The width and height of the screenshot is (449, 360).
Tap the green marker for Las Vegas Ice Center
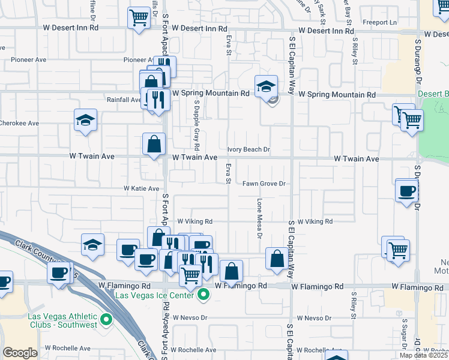(204, 295)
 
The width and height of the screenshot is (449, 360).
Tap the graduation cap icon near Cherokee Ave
(85, 119)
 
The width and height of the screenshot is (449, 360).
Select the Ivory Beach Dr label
(249, 149)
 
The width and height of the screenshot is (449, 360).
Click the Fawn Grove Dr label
(263, 184)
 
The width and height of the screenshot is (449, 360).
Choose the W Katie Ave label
(142, 188)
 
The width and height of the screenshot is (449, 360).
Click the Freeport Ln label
(385, 22)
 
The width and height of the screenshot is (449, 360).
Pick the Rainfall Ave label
(124, 100)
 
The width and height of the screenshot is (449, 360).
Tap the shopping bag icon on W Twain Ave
(154, 144)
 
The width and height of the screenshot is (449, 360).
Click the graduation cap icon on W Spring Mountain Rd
(265, 86)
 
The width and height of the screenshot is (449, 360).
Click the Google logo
(20, 353)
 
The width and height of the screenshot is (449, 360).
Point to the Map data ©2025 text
(423, 355)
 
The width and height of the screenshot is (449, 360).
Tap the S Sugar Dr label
(405, 333)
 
